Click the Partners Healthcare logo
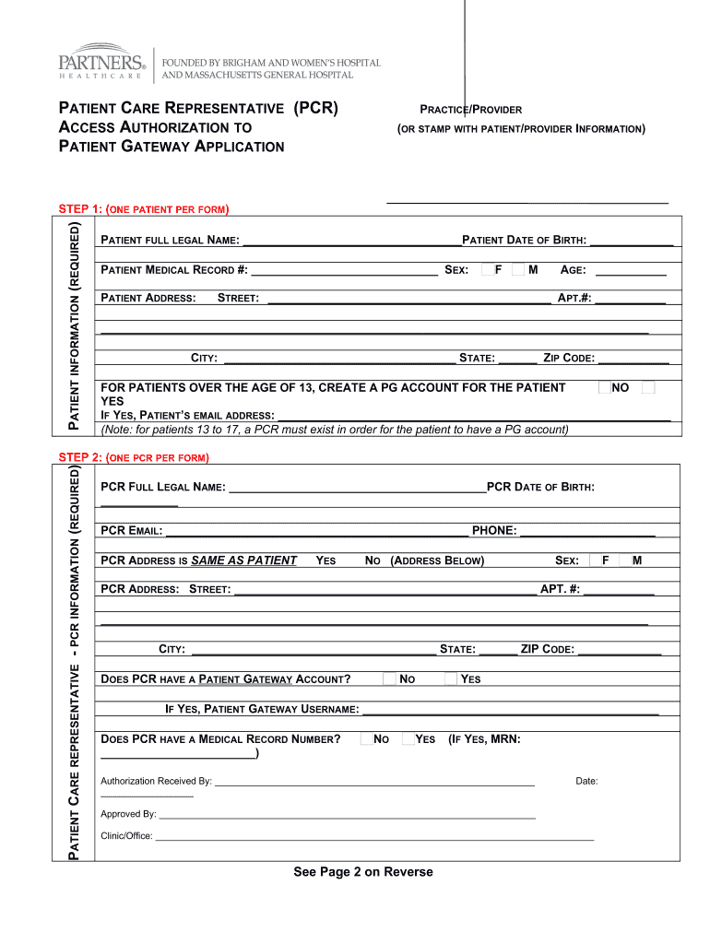(x=101, y=62)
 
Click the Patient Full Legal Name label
(x=170, y=241)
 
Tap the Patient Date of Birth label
(x=524, y=241)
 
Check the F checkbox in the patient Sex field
(x=487, y=270)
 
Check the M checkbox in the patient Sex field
(x=518, y=270)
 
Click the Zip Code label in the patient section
(x=568, y=359)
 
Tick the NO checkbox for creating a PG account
(x=604, y=387)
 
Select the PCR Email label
(x=131, y=531)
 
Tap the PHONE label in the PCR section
(x=494, y=531)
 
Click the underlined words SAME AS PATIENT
(x=243, y=560)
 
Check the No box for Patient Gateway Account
(x=389, y=679)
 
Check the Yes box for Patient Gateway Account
(x=450, y=679)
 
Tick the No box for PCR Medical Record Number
(x=367, y=738)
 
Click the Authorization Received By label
(x=156, y=782)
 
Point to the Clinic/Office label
(x=126, y=836)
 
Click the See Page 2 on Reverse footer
(x=362, y=872)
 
